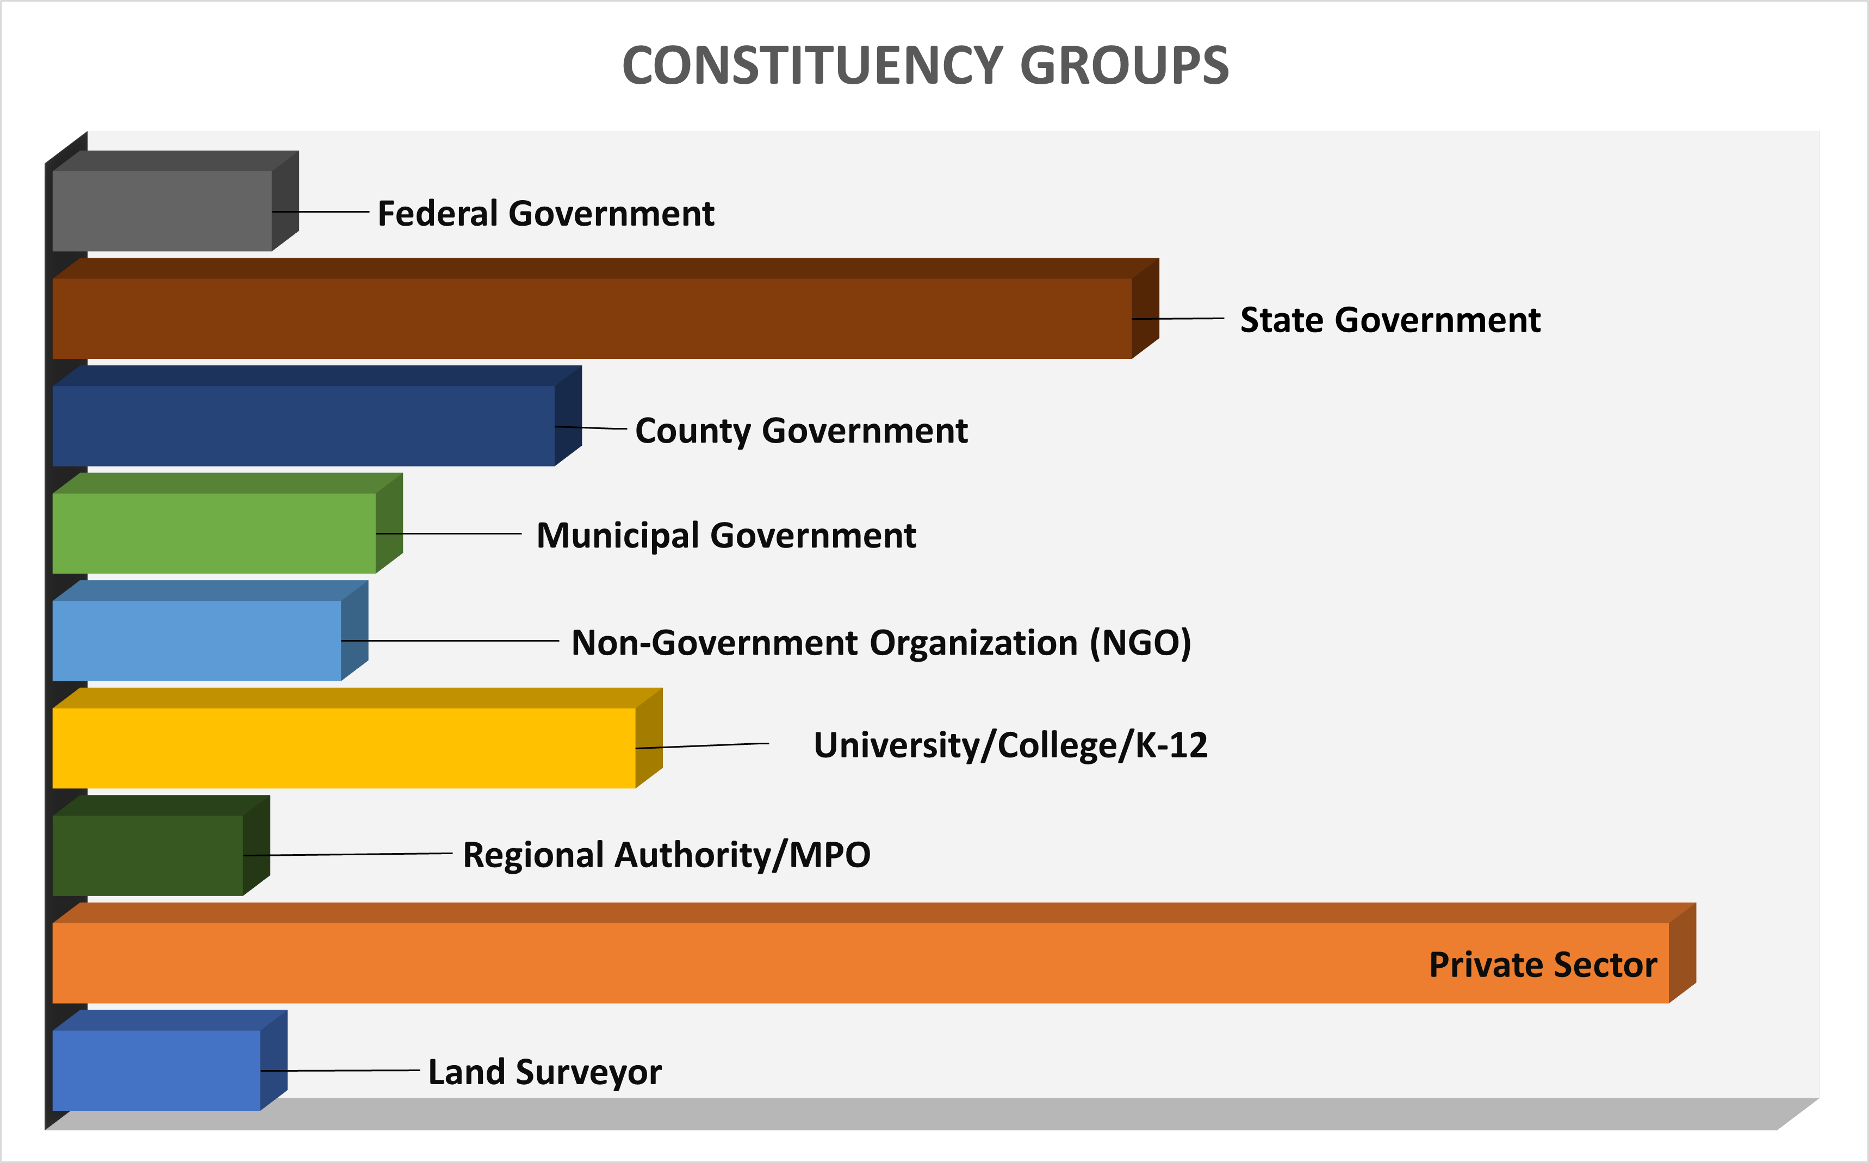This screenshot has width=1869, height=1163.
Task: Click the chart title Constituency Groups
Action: pos(926,65)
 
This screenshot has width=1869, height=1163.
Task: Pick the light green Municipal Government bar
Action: pos(214,533)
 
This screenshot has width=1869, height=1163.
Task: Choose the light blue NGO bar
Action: pos(196,640)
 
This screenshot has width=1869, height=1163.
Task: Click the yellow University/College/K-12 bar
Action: pos(344,748)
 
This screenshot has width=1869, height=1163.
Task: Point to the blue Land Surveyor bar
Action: pos(156,1070)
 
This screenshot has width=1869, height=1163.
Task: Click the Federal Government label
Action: pos(545,213)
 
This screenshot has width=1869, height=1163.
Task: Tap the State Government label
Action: pos(1390,320)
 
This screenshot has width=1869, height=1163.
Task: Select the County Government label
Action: pos(800,430)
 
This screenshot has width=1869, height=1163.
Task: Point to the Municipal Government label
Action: pos(726,536)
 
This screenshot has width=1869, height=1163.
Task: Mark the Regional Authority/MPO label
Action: pos(666,855)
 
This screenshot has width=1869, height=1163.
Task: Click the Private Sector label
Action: pos(1542,965)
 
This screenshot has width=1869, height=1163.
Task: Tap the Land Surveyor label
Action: pos(544,1072)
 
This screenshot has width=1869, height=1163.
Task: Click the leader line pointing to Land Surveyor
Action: pos(346,1070)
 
